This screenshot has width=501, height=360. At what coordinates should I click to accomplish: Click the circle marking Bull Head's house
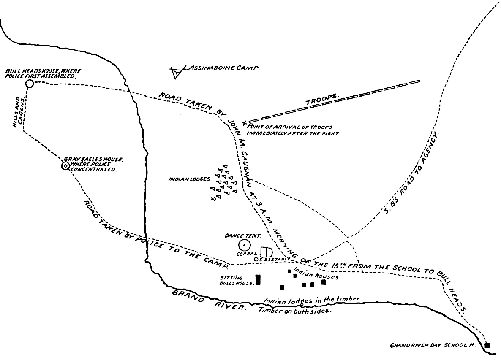(29, 84)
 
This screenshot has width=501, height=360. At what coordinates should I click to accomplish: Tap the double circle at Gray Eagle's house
(65, 166)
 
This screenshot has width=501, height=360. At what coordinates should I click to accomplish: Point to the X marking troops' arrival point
(244, 122)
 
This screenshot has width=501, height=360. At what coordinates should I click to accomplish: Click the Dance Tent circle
(244, 245)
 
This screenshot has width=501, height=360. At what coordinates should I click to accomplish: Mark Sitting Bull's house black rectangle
(258, 280)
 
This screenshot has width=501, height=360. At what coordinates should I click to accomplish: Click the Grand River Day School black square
(487, 345)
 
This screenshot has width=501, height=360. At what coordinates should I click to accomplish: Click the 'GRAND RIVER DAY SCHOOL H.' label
(433, 345)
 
